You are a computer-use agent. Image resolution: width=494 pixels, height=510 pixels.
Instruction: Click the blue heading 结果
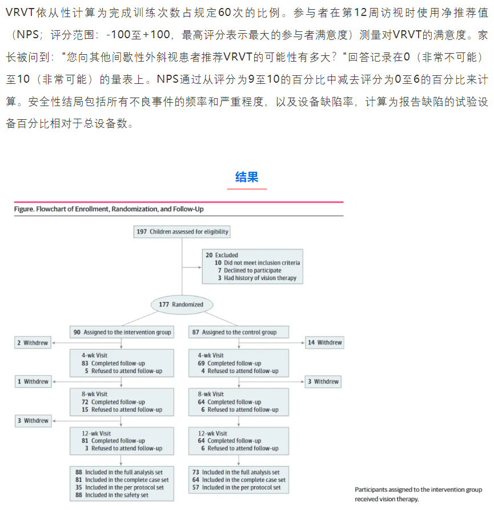[247, 177]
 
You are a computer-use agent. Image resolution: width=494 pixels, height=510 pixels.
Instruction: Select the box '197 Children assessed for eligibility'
[182, 232]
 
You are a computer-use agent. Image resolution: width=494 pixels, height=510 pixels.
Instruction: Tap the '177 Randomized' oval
[181, 304]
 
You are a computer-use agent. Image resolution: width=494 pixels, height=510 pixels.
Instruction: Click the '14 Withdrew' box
[324, 342]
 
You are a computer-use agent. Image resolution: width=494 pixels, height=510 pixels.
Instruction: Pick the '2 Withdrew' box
[32, 342]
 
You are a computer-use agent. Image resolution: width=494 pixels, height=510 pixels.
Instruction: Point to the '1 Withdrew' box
[32, 382]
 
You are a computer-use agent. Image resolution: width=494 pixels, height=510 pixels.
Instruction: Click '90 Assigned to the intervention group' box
[122, 332]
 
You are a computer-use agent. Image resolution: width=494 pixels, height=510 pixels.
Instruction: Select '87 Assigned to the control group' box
[239, 332]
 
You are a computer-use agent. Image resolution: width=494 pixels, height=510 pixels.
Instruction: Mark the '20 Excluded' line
[222, 255]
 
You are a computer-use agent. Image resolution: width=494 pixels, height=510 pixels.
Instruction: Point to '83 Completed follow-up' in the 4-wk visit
[114, 363]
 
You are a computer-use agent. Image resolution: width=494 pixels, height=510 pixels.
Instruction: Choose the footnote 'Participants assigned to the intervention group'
[418, 489]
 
